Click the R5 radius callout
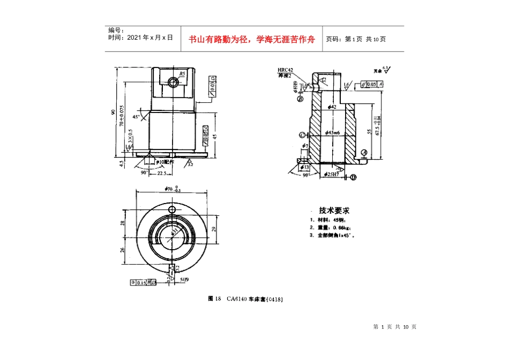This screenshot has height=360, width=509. click(182, 74)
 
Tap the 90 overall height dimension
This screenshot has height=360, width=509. click(114, 112)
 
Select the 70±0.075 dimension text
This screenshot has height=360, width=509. click(122, 115)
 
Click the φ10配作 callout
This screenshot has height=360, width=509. click(164, 161)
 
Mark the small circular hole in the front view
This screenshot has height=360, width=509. click(173, 82)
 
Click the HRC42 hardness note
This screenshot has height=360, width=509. click(286, 70)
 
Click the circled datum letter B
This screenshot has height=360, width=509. click(301, 100)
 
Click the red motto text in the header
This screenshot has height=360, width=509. click(251, 39)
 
